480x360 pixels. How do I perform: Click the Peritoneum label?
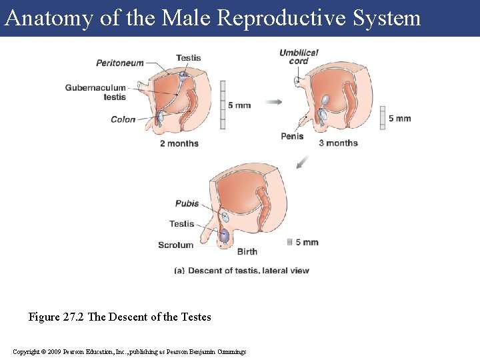tap(120, 63)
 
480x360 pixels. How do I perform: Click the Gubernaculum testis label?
tap(95, 92)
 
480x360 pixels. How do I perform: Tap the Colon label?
tap(123, 120)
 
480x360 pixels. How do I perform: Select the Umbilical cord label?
tap(299, 57)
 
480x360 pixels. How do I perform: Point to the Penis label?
tap(292, 137)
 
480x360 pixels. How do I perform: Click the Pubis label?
tap(187, 203)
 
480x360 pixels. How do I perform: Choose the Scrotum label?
tap(176, 245)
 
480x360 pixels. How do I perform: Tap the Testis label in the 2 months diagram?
tap(189, 58)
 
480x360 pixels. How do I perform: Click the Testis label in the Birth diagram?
tap(182, 224)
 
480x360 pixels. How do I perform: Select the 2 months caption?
tap(179, 143)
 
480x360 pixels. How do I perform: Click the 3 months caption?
tap(338, 143)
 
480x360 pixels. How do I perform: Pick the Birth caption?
tap(247, 252)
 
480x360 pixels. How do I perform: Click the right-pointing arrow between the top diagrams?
tap(273, 102)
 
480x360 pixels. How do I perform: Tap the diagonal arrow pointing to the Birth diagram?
tap(302, 162)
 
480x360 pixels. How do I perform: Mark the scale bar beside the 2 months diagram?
tap(222, 105)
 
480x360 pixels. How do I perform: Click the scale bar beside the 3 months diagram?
tap(382, 118)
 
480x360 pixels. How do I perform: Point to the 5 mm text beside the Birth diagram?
tap(307, 242)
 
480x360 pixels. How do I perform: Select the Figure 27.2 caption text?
tap(119, 317)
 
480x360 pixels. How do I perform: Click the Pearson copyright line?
tap(129, 351)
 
